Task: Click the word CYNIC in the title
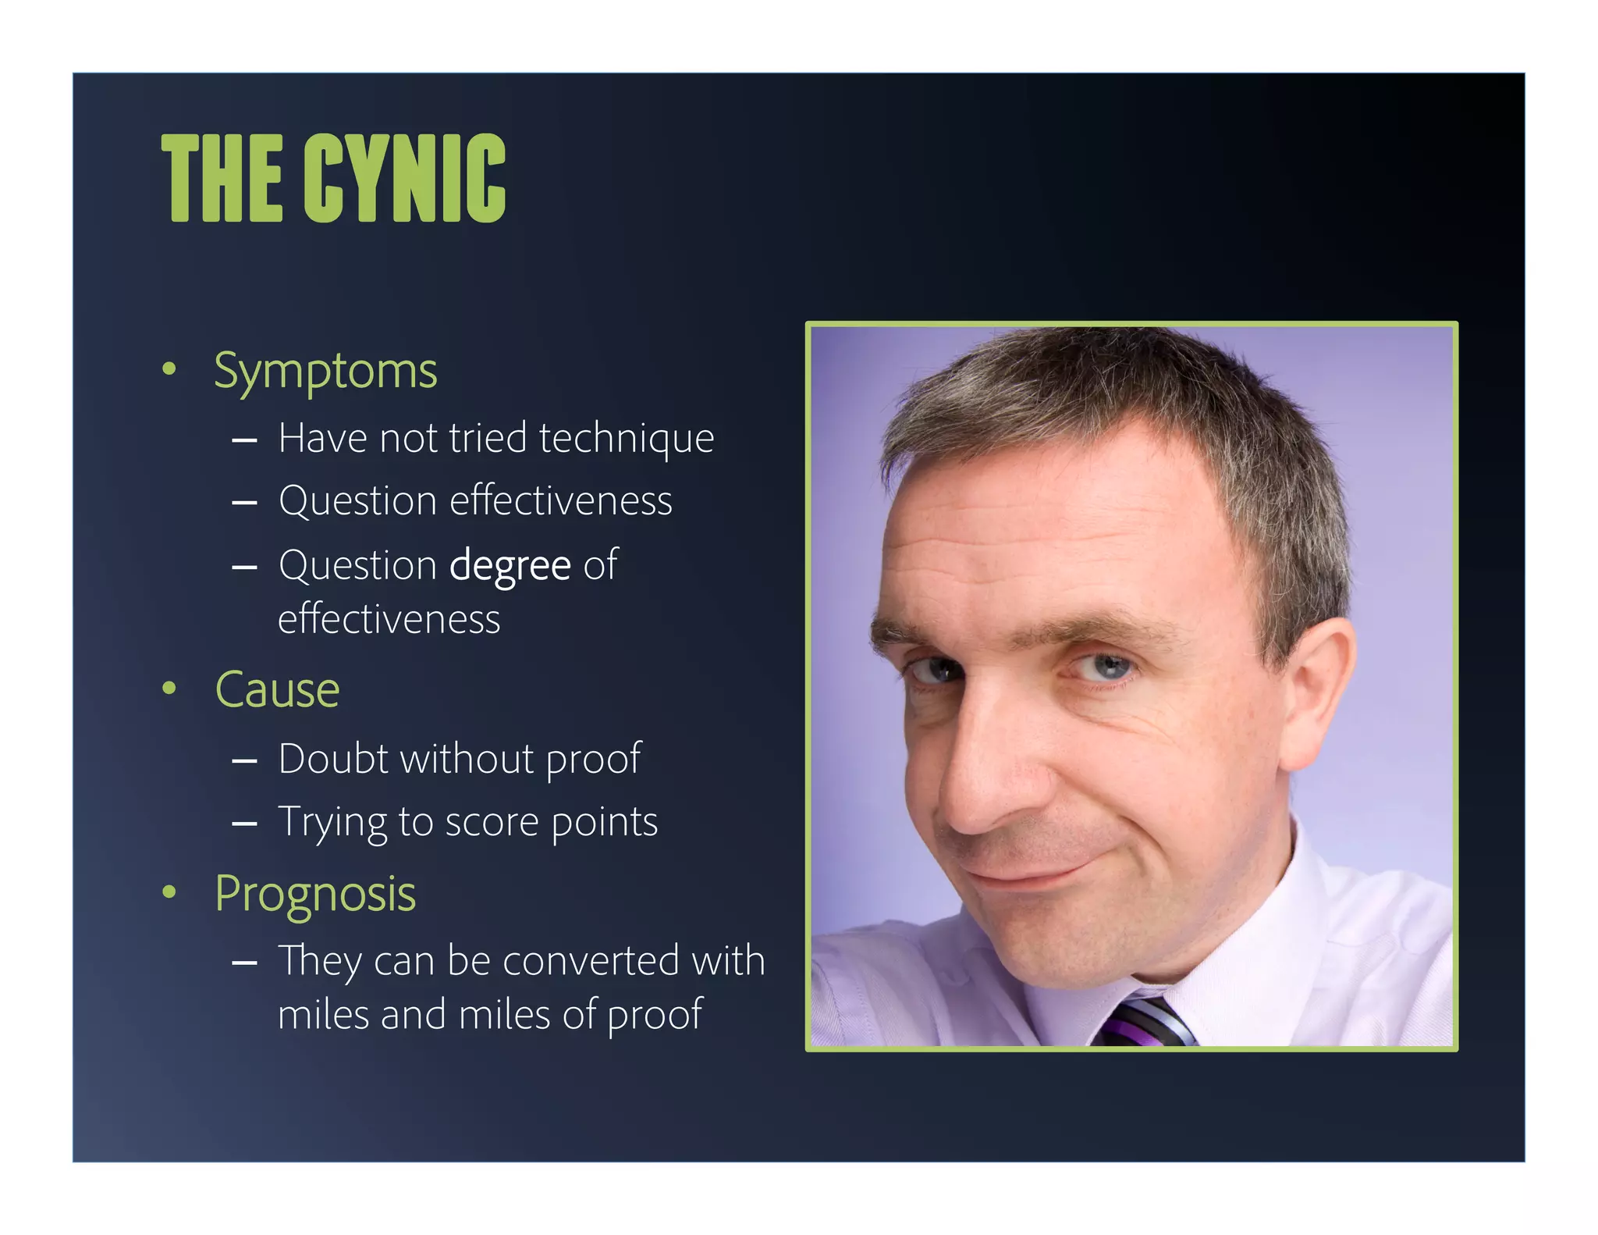404,178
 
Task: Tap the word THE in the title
222,178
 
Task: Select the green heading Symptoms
325,371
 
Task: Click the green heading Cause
277,690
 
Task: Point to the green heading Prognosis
315,894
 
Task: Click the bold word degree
510,566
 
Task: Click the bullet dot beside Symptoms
169,369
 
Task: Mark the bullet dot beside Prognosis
169,892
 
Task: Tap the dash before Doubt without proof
244,760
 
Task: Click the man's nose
975,781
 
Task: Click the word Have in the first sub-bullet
322,438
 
